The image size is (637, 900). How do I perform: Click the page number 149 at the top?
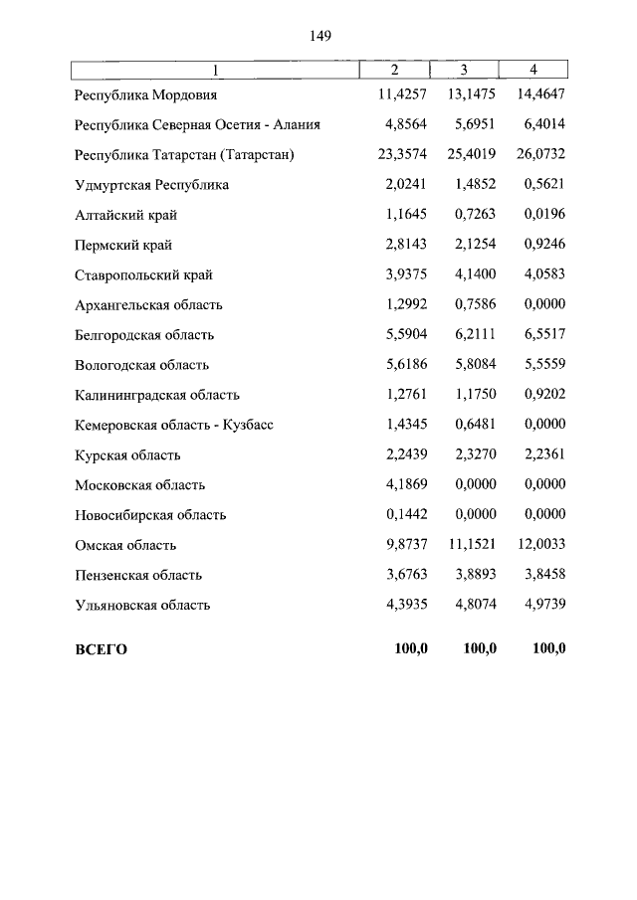319,36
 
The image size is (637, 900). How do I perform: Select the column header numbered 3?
464,70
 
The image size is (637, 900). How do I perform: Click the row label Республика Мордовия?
145,95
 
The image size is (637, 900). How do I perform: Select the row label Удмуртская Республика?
151,185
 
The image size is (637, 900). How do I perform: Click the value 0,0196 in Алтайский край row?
544,215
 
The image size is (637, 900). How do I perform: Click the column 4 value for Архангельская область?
544,304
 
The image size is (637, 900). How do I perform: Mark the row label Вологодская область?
141,365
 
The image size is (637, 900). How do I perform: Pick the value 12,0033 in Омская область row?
541,545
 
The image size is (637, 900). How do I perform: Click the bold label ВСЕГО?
102,649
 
